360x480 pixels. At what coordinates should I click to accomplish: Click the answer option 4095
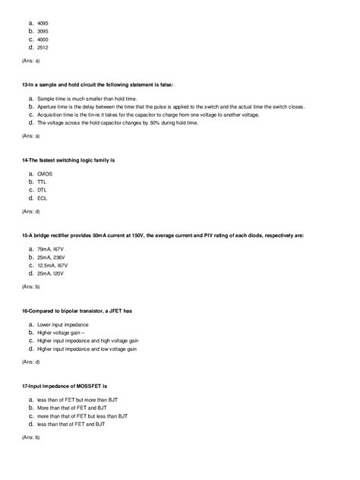coord(43,22)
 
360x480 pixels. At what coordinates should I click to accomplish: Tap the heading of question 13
coord(97,85)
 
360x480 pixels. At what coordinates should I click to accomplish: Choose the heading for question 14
coord(68,160)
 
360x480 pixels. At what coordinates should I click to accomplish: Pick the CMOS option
coord(44,174)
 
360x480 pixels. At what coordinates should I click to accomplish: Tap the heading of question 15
coord(163,235)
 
